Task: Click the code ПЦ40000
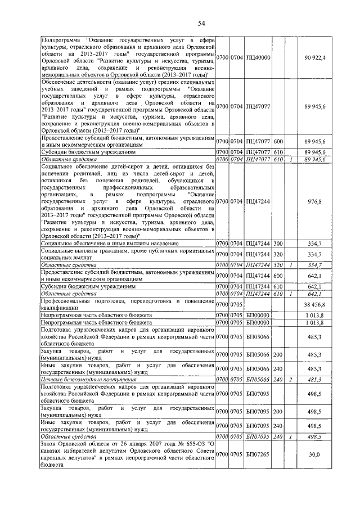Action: coord(258,58)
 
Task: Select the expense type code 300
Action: coord(278,244)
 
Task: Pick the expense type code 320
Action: coord(278,254)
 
